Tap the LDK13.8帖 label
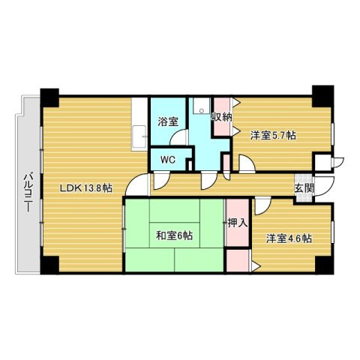(86, 187)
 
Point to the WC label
(166, 159)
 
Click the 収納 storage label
(221, 117)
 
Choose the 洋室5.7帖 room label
(273, 136)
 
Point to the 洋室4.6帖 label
(289, 238)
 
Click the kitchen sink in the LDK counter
(139, 138)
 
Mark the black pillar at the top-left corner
(48, 97)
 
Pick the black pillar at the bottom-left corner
(49, 265)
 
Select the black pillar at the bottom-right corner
(322, 265)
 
